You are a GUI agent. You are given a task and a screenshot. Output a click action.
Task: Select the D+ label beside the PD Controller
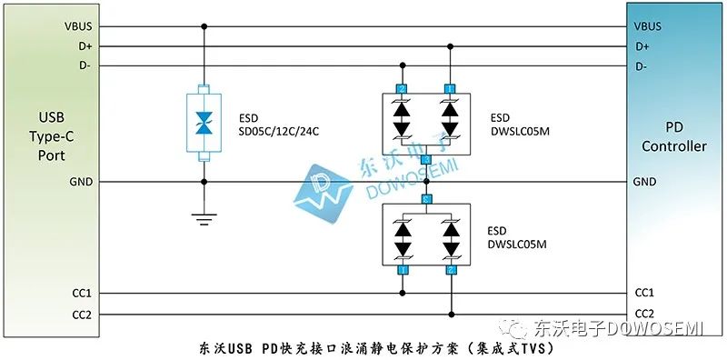[642, 45]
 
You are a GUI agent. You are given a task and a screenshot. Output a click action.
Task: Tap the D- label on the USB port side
[84, 65]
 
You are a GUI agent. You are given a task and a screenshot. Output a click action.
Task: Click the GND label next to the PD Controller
[643, 182]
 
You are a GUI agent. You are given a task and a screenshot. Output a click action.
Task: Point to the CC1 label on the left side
[81, 294]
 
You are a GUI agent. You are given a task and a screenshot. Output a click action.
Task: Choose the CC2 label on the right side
[644, 315]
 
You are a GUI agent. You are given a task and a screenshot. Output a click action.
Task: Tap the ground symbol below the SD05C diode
[204, 217]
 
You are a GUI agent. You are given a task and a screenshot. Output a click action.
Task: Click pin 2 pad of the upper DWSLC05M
[402, 88]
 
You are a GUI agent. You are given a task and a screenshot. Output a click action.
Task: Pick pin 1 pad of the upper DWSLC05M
[450, 88]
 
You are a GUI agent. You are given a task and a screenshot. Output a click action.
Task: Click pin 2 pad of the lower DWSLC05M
[450, 271]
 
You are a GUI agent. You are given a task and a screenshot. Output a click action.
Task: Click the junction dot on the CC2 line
[450, 315]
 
